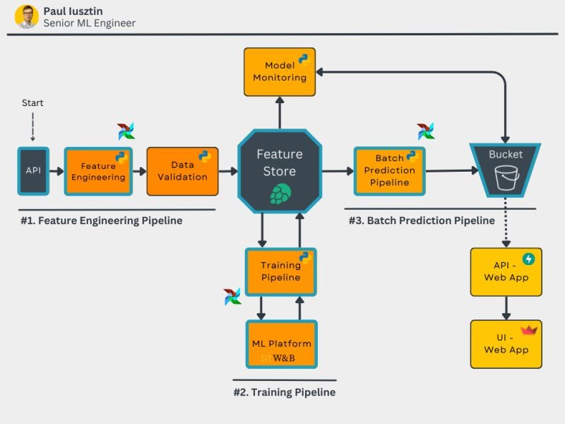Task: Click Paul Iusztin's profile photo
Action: coord(27,17)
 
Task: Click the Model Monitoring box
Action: coord(279,71)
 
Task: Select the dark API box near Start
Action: coord(33,171)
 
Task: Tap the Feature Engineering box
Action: coord(98,171)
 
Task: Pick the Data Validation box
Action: coord(182,171)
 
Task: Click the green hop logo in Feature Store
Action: coord(280,194)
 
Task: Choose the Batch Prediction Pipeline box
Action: coord(389,171)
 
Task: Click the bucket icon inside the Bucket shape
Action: coord(506,178)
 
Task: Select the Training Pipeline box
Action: coord(280,271)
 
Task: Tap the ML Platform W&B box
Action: coord(281,344)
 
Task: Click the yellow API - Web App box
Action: coord(506,272)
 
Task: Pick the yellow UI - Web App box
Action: coord(506,344)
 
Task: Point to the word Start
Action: coord(32,103)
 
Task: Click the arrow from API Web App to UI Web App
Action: coord(506,308)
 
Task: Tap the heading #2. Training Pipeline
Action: coord(284,392)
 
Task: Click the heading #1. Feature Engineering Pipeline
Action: coord(101,220)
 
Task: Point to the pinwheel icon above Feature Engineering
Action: coord(126,131)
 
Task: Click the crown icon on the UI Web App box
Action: coord(528,329)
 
